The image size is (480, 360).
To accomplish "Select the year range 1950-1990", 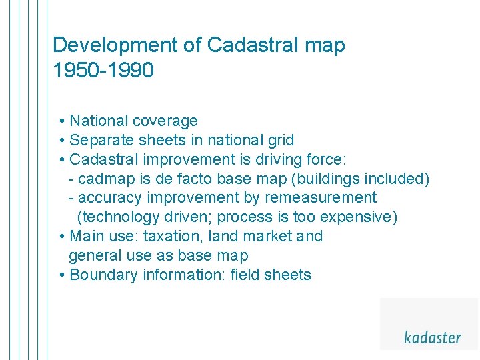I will click(103, 70).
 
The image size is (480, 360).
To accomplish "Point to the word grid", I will click(279, 140).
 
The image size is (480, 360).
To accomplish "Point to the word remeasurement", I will click(321, 198).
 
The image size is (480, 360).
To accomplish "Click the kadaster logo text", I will click(432, 337).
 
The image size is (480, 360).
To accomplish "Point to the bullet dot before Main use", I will click(61, 237).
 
